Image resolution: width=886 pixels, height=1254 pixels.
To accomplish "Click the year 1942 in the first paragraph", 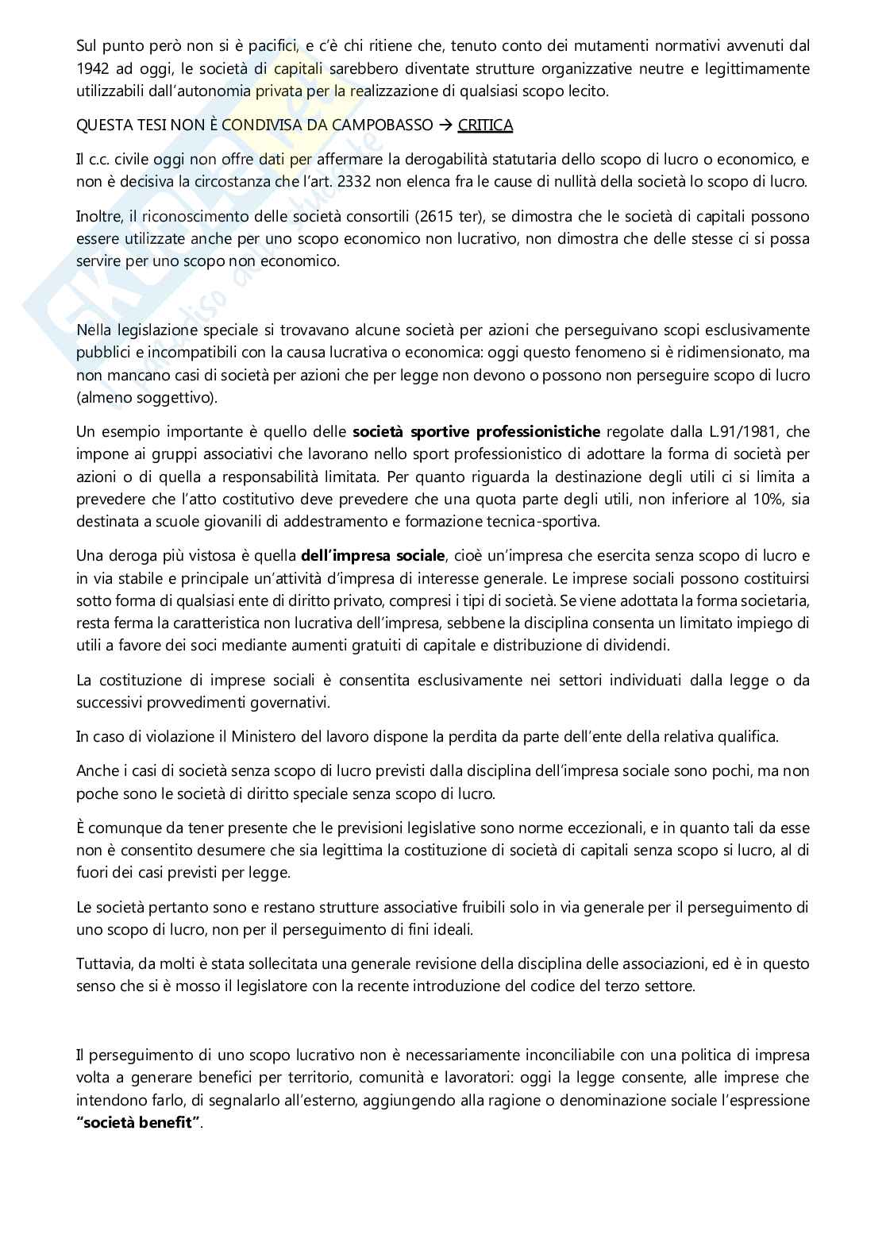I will [x=93, y=68].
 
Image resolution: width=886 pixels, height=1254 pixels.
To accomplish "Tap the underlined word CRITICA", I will [x=485, y=125].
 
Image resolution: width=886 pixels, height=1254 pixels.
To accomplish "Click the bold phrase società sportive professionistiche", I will [x=476, y=432].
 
